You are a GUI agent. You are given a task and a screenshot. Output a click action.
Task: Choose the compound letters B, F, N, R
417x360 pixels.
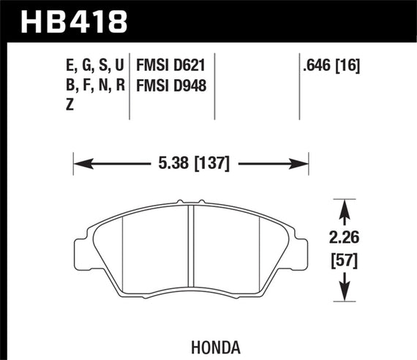coord(94,86)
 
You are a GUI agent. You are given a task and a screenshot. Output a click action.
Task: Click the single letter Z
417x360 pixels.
coord(69,105)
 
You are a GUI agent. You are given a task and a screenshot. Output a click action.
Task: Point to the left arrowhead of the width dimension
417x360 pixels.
coord(78,163)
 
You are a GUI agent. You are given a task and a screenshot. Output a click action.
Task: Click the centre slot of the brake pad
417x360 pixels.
coord(189,249)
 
